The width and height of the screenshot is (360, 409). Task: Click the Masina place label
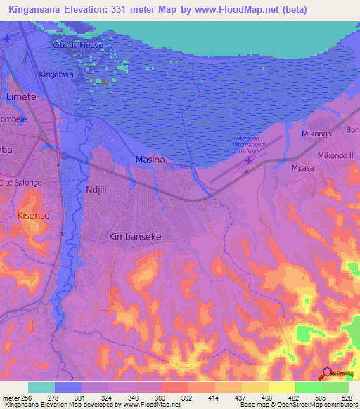point(150,160)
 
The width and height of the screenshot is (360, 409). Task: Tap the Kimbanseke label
point(135,238)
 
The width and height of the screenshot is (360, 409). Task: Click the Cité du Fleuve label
point(78,45)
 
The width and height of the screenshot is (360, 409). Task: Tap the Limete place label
point(21,96)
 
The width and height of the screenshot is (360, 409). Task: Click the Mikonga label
point(316,133)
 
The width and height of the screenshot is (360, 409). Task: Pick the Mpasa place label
point(302,169)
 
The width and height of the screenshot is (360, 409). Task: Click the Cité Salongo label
point(22,183)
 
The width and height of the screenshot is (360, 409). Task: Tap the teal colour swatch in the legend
point(41,387)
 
